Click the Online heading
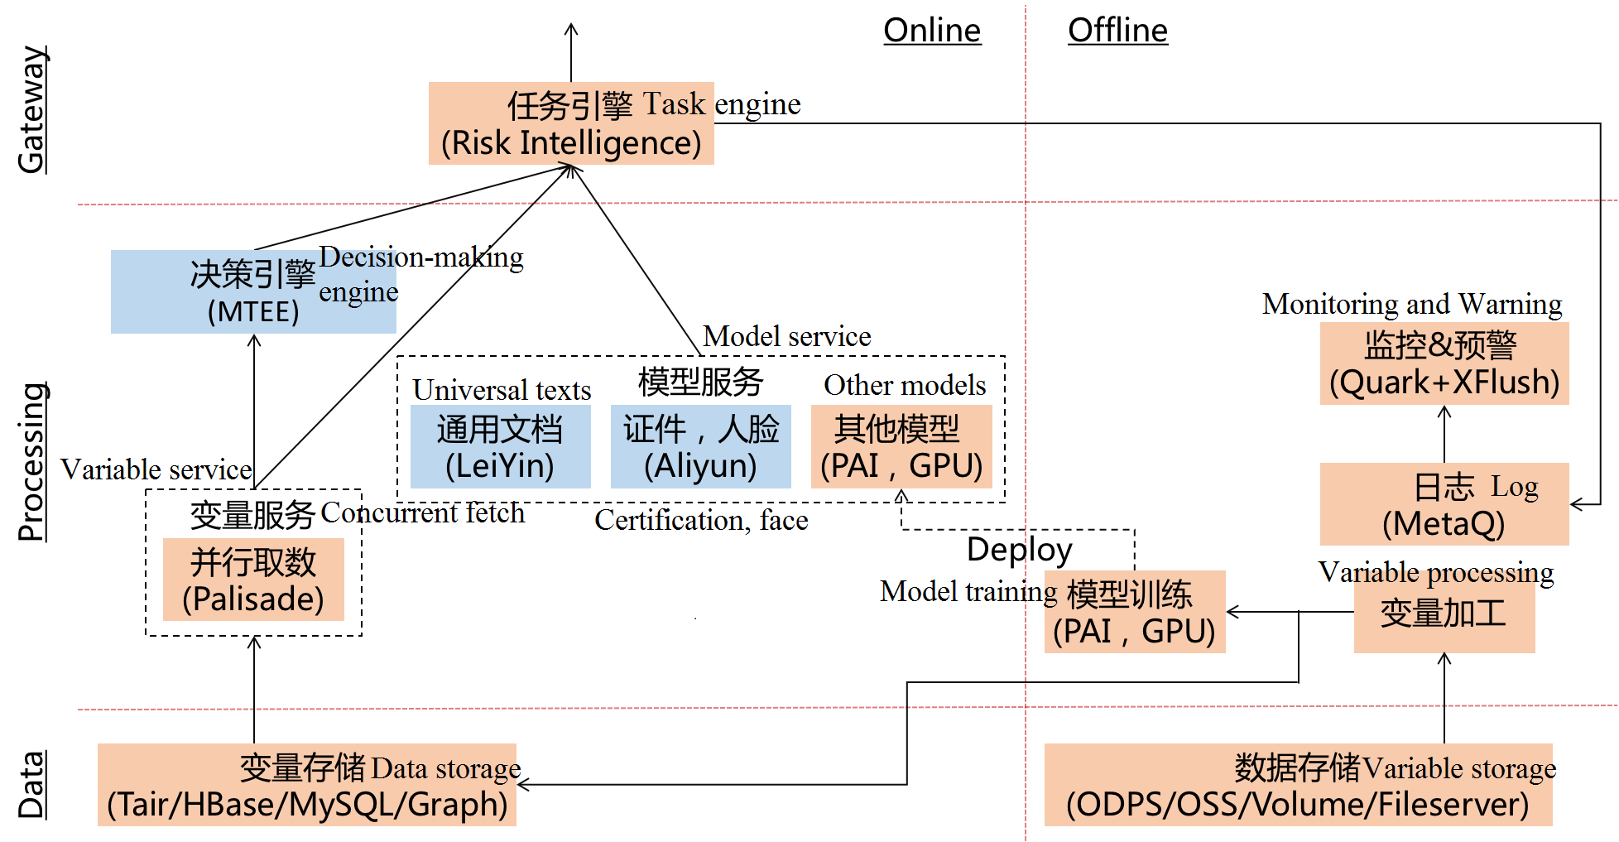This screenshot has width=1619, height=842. pyautogui.click(x=932, y=31)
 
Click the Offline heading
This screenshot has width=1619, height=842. pyautogui.click(x=1117, y=31)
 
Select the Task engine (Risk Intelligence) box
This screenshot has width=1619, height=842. pyautogui.click(x=571, y=124)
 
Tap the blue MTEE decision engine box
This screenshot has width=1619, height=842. pyautogui.click(x=253, y=292)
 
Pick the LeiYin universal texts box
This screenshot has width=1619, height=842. pyautogui.click(x=500, y=447)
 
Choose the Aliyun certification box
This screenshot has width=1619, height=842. pyautogui.click(x=700, y=447)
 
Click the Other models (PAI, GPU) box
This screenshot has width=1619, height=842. pyautogui.click(x=901, y=447)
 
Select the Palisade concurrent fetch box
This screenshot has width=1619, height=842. pyautogui.click(x=253, y=580)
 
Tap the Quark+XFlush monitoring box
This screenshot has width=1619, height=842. pyautogui.click(x=1444, y=364)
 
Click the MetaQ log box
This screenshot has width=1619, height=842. pyautogui.click(x=1444, y=504)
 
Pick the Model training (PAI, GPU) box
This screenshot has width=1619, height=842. pyautogui.click(x=1134, y=613)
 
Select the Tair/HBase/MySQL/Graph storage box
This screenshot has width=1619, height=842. pyautogui.click(x=306, y=786)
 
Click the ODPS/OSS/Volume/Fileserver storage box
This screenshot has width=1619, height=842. pyautogui.click(x=1297, y=786)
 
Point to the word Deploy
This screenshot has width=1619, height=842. pyautogui.click(x=1019, y=550)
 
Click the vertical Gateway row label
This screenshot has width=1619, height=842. pyautogui.click(x=31, y=109)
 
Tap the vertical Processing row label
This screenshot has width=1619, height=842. pyautogui.click(x=31, y=462)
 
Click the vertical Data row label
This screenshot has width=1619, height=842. pyautogui.click(x=31, y=785)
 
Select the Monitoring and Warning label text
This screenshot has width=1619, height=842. pyautogui.click(x=1412, y=304)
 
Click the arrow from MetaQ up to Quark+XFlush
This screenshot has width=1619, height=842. pyautogui.click(x=1444, y=434)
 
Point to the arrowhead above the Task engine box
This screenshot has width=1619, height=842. pyautogui.click(x=571, y=30)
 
